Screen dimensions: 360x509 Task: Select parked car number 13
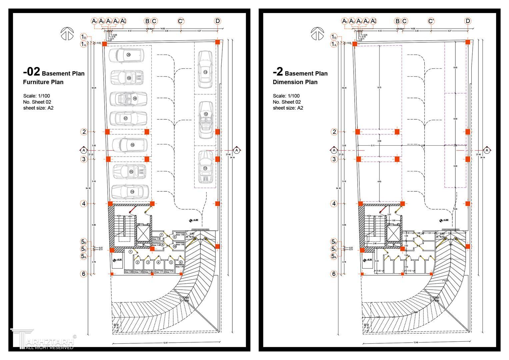205,70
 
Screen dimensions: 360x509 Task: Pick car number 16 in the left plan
130,145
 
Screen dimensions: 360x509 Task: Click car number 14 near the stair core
130,192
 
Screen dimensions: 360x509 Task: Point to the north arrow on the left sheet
67,34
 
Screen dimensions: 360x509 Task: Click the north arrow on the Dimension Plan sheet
317,34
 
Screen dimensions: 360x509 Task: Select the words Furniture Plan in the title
43,82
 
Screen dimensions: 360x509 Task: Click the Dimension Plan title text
295,82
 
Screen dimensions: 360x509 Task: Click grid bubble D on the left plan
217,21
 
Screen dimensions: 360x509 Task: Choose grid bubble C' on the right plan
431,21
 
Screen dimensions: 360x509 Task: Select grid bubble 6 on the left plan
84,274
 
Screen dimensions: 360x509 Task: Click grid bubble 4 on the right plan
334,203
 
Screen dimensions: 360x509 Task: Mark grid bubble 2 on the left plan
84,132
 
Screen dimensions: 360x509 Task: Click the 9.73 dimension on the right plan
379,88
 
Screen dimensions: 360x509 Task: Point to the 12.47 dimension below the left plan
166,343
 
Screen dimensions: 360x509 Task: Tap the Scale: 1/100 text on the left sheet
37,96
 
